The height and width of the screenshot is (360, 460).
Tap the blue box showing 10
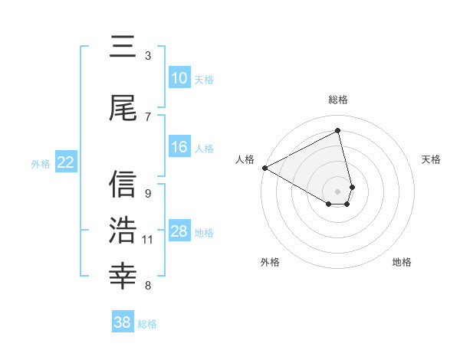click(179, 78)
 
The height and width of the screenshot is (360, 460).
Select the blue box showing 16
click(179, 148)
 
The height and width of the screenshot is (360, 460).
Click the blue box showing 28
click(179, 231)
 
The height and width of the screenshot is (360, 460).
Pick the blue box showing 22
click(65, 162)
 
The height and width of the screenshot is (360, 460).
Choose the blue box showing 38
click(123, 322)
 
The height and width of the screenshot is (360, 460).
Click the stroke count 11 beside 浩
click(148, 240)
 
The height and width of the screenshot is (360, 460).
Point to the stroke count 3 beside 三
click(148, 56)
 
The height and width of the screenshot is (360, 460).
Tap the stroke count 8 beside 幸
click(148, 286)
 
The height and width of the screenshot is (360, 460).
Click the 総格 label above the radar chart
click(337, 100)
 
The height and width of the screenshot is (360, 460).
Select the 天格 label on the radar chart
click(431, 159)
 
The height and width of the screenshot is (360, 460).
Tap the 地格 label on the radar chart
click(402, 263)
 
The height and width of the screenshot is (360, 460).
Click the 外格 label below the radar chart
click(270, 263)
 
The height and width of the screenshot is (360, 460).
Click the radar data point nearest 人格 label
click(264, 168)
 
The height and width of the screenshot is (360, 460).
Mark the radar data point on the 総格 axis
click(337, 131)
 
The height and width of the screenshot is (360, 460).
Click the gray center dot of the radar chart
click(337, 191)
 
